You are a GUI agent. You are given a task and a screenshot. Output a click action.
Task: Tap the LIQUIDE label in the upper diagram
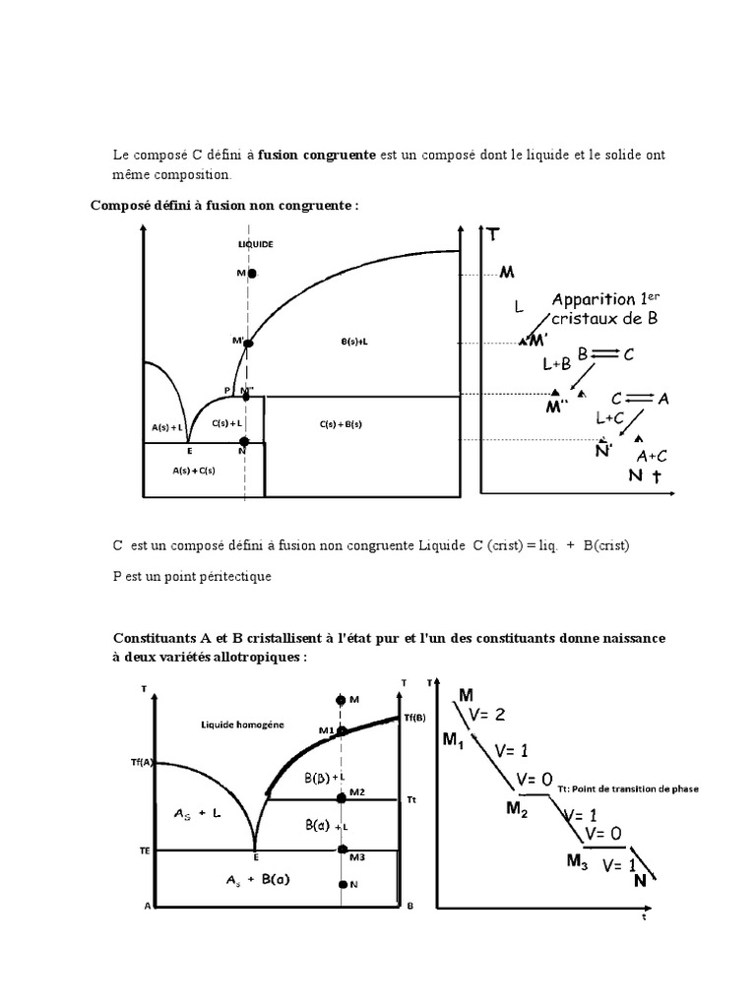point(256,243)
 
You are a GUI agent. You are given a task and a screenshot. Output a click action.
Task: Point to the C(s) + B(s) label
point(341,424)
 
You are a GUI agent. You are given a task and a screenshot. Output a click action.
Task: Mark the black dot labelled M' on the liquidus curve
point(248,344)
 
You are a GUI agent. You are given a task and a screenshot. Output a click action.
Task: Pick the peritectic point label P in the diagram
point(226,391)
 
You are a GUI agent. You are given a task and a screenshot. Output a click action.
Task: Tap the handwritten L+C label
point(611,418)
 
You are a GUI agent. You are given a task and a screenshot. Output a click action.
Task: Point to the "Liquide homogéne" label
point(244,724)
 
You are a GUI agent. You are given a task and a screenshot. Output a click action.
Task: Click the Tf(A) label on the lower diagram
point(142,763)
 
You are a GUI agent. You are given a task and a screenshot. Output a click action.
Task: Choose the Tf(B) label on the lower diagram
point(415,718)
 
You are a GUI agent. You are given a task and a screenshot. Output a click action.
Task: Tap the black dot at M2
point(342,799)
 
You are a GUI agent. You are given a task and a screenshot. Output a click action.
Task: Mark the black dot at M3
point(342,849)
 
